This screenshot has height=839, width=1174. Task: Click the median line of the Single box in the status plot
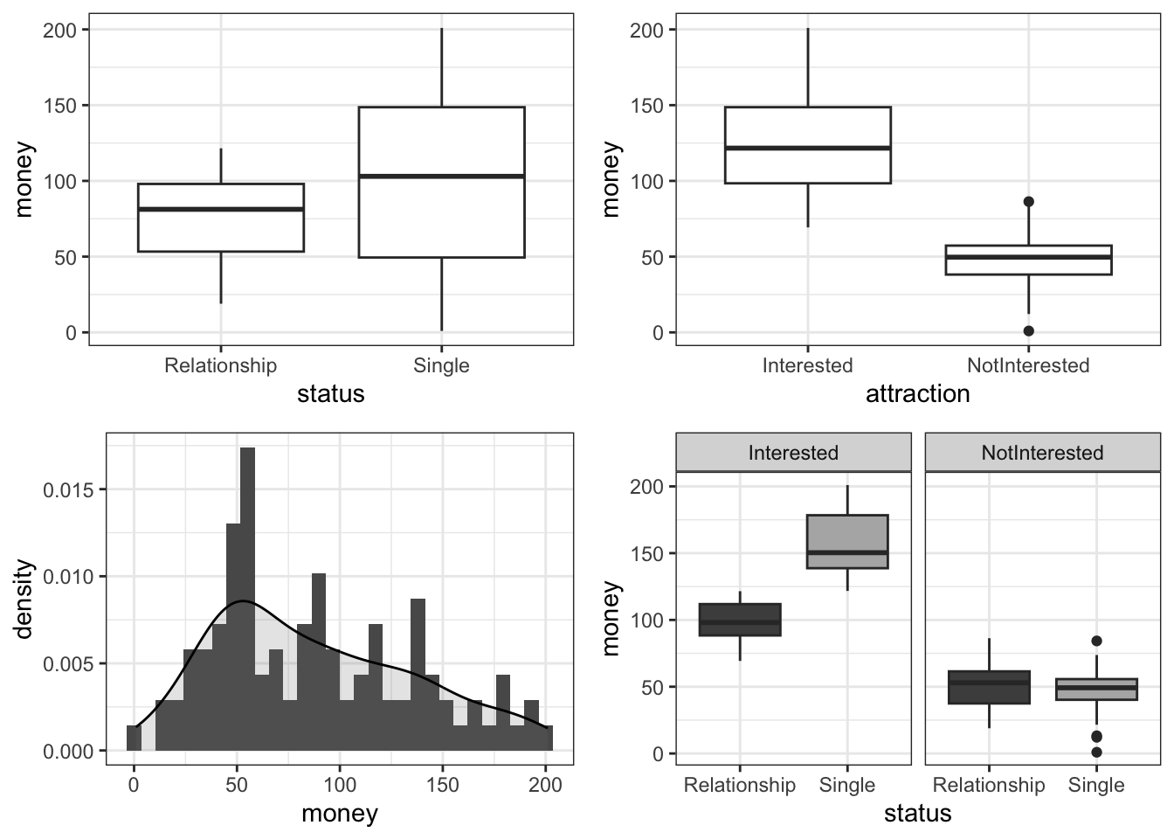(x=441, y=177)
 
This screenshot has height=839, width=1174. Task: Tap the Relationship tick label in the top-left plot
(x=220, y=365)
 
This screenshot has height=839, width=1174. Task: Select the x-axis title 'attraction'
(x=917, y=394)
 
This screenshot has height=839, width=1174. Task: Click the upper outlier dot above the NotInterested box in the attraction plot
(x=1028, y=202)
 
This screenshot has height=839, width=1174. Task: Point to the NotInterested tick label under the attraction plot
(x=1028, y=365)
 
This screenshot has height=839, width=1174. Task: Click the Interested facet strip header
(x=793, y=453)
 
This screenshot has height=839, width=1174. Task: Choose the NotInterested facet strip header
(x=1042, y=453)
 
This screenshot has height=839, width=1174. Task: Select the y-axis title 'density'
(x=25, y=599)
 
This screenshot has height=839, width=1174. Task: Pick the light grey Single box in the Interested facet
(x=847, y=542)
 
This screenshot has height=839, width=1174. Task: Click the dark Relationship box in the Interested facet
(x=740, y=620)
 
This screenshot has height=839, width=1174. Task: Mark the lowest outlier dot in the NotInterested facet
(x=1096, y=752)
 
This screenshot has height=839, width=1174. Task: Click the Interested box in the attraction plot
(x=807, y=145)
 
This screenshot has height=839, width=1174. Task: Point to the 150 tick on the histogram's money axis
(x=443, y=785)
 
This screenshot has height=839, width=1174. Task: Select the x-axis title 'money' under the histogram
(x=339, y=814)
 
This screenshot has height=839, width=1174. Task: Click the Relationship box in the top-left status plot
(x=220, y=218)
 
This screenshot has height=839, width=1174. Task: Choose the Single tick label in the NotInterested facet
(x=1096, y=785)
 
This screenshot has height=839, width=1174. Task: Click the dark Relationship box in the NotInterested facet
(x=989, y=687)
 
